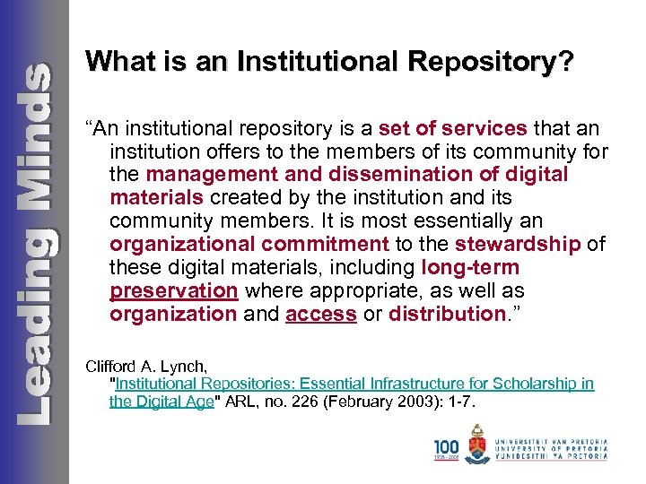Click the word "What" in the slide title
point(113,61)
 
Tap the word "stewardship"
point(519,244)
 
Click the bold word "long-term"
point(470,267)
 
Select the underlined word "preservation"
point(173,290)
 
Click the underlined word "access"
point(321,314)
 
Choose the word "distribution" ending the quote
point(447,314)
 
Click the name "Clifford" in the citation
point(114,366)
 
